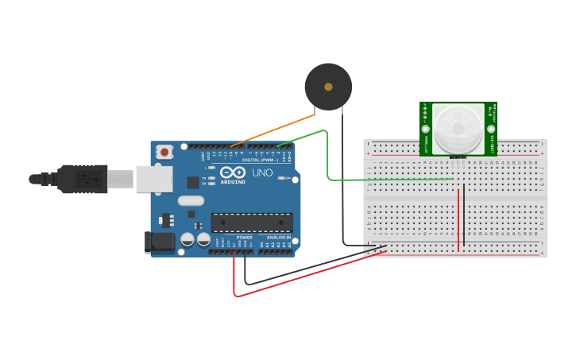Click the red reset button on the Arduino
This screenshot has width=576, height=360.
[164, 151]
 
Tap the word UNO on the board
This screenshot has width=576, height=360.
[262, 172]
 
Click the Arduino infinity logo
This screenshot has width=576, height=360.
[233, 172]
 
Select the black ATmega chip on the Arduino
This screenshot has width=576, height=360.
[251, 223]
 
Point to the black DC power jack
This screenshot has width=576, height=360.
[160, 242]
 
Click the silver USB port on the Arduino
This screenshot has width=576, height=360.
[153, 179]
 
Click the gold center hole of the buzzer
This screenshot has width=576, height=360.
[328, 87]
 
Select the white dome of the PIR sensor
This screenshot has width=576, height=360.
[458, 128]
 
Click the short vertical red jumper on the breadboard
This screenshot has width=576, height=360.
[458, 223]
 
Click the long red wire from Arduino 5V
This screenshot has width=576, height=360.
[310, 274]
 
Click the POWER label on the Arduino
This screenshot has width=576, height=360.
[244, 237]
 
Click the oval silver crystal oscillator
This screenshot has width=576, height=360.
[191, 201]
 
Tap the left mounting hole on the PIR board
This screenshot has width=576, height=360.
[426, 129]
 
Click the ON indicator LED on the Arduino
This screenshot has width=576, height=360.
[283, 178]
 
